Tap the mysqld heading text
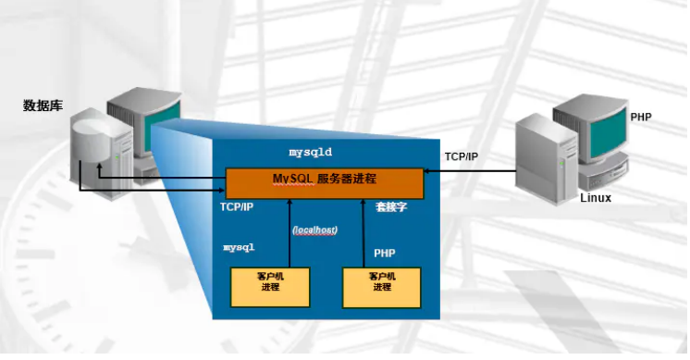[310, 150]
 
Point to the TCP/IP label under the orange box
[237, 207]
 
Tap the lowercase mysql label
[239, 247]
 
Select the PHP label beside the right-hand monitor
[640, 118]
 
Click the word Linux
[596, 198]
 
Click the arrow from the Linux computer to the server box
[472, 171]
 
